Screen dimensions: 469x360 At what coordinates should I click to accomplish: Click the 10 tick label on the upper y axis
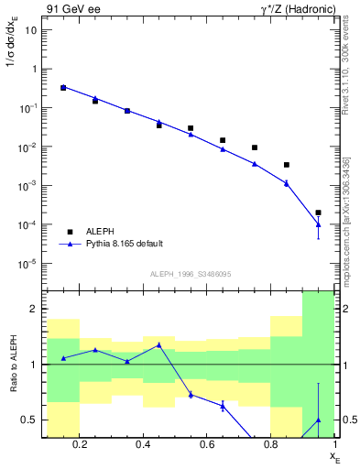tap(31, 29)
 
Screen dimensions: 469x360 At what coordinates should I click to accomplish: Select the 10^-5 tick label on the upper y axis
tap(27, 264)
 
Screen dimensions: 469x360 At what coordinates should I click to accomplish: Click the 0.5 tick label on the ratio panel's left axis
tap(28, 420)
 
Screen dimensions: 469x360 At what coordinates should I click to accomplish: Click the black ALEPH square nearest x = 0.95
tap(318, 213)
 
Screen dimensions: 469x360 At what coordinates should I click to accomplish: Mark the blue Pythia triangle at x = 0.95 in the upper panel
tap(318, 224)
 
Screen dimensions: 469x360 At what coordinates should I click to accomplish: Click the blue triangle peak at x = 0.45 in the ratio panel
tap(159, 345)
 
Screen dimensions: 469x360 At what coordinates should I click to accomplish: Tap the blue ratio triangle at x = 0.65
tap(223, 405)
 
